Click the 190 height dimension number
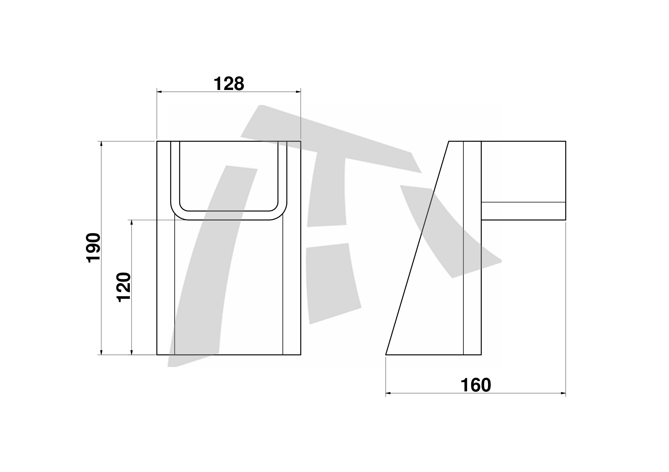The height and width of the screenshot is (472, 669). (94, 248)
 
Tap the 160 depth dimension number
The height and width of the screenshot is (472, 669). (475, 385)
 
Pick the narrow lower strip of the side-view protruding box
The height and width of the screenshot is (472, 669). (523, 211)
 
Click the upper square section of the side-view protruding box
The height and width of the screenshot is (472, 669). (523, 172)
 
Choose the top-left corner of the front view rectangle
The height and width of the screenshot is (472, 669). (157, 141)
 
